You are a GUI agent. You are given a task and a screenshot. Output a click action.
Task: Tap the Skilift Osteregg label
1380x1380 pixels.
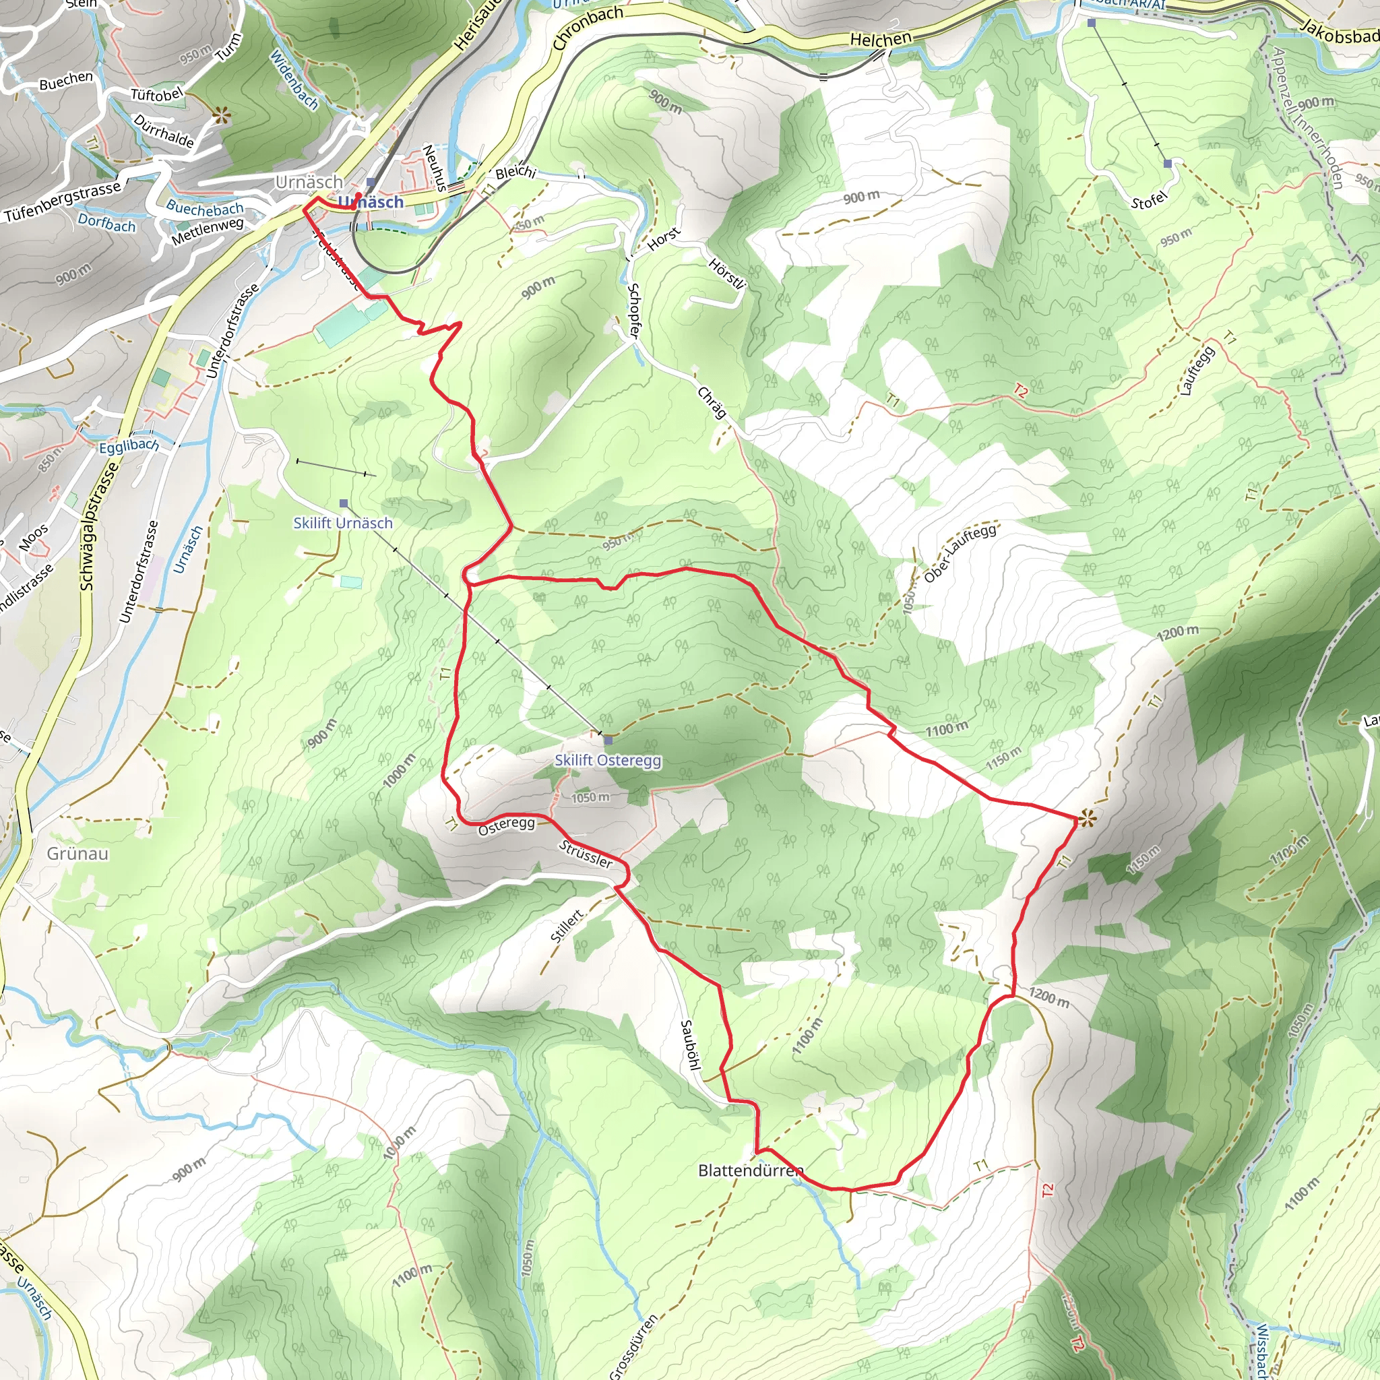[608, 760]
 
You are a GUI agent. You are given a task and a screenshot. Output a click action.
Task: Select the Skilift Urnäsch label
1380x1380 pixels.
[343, 523]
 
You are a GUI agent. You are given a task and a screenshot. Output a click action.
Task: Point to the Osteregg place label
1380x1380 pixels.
[507, 825]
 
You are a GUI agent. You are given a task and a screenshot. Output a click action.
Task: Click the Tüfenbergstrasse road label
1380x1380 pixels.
[63, 202]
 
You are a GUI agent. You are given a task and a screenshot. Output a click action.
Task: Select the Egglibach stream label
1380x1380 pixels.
[129, 447]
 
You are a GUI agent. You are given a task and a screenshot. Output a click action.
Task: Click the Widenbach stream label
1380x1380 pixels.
[294, 80]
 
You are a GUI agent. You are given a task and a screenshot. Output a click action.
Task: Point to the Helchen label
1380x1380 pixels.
[881, 39]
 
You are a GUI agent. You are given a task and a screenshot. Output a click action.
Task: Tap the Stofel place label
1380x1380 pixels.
[1149, 201]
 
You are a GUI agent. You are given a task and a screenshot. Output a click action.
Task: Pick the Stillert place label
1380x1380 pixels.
[568, 926]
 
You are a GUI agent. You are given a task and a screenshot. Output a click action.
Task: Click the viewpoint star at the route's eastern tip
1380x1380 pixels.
[1087, 819]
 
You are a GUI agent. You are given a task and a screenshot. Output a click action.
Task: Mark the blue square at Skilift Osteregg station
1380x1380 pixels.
[608, 740]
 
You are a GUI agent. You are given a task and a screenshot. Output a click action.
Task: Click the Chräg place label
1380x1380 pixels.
[712, 403]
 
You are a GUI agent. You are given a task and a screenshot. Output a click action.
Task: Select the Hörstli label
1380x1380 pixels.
[726, 274]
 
